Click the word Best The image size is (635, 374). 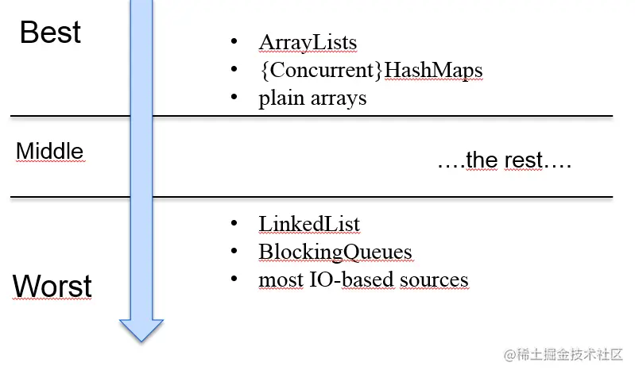[x=50, y=32]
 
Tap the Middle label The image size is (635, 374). [x=50, y=151]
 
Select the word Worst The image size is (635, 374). [x=52, y=286]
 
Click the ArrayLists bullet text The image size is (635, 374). [x=308, y=43]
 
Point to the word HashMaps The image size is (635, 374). [x=433, y=71]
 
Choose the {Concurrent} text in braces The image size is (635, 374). [x=321, y=70]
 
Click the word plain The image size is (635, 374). [x=281, y=98]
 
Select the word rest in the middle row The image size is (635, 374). [x=523, y=160]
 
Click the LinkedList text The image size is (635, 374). [x=309, y=224]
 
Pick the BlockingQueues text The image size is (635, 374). [x=335, y=253]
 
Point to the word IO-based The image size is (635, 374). [x=352, y=280]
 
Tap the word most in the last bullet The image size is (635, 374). [x=281, y=280]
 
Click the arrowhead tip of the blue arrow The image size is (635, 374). [x=141, y=341]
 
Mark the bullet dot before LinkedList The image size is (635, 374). [x=234, y=223]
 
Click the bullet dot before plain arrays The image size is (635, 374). [x=234, y=96]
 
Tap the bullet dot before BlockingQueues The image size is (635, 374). [x=234, y=251]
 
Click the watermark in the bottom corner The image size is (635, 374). [x=563, y=355]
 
